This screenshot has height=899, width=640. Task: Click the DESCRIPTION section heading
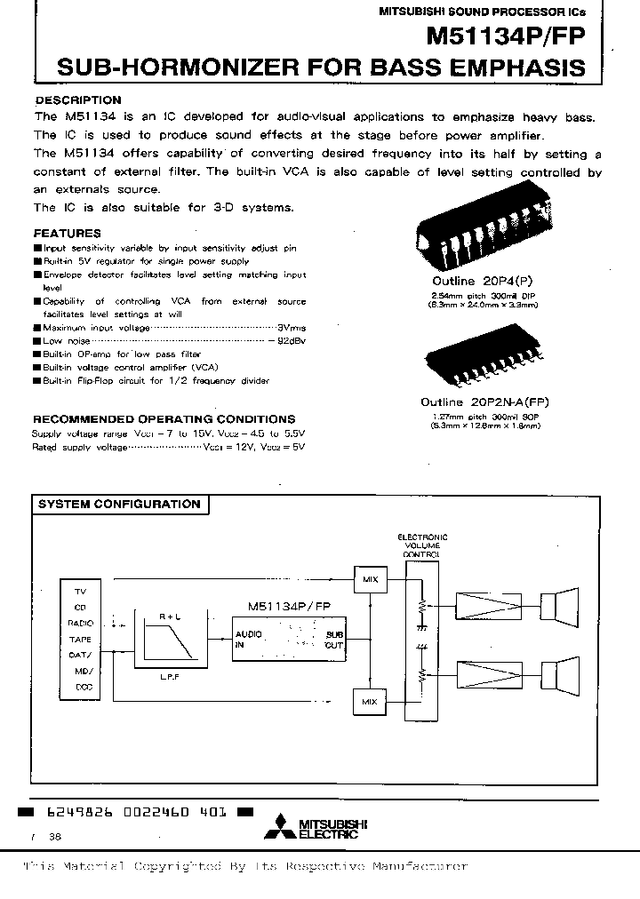coord(77,100)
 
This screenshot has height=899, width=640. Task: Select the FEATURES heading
coord(67,234)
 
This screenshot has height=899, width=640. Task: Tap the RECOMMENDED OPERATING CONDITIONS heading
coord(164,418)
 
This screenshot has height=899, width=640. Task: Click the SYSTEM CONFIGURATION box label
coord(118,505)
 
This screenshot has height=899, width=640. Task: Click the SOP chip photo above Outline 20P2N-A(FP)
coord(481,359)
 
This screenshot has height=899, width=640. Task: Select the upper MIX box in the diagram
coord(370,580)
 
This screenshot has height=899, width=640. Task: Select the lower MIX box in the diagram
coord(370,702)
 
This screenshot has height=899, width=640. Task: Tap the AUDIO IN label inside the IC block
coord(248,640)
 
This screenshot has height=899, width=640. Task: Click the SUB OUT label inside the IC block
coord(333,640)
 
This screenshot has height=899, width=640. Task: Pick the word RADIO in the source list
coord(80,624)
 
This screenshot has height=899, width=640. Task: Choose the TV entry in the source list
coord(80,591)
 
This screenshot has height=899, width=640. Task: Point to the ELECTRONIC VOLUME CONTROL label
coord(421,545)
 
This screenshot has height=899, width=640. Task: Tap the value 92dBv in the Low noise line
coord(291,340)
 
